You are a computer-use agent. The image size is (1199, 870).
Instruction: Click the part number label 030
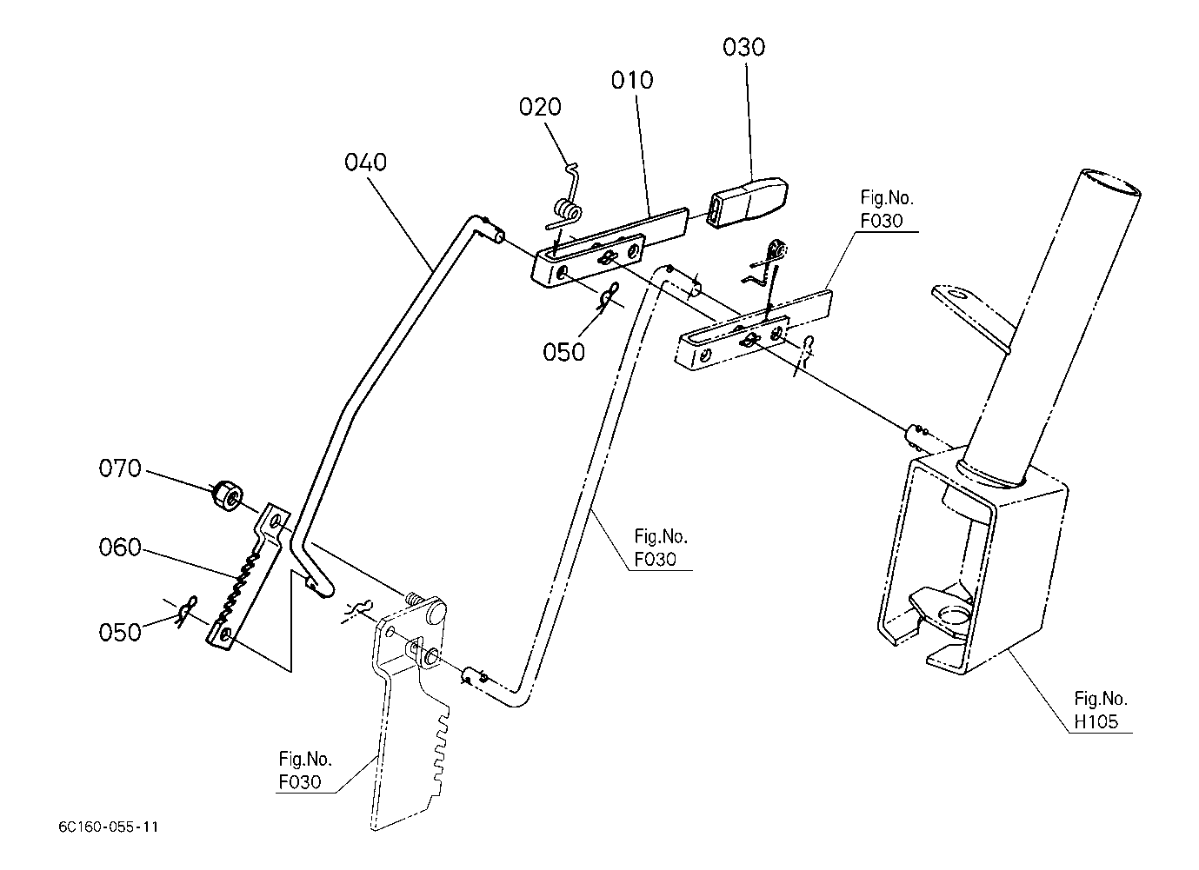(743, 47)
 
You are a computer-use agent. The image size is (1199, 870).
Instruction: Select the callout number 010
(632, 80)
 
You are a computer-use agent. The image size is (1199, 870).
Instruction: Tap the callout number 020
(540, 107)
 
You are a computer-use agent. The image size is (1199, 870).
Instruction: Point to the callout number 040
(365, 163)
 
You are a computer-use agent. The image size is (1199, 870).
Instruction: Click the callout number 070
(120, 468)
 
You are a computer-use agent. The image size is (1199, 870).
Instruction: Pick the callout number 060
(120, 548)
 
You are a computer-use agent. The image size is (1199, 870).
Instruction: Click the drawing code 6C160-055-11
(109, 827)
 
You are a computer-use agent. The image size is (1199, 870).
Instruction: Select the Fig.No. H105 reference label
(1101, 710)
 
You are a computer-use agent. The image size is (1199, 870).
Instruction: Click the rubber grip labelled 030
(748, 203)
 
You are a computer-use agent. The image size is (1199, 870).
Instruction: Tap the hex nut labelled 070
(228, 495)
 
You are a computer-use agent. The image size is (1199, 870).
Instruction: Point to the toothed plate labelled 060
(249, 576)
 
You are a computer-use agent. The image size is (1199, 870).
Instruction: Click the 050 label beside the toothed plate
(120, 633)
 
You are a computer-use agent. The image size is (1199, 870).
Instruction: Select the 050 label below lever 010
(563, 352)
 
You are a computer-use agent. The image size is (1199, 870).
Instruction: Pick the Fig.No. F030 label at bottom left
(305, 770)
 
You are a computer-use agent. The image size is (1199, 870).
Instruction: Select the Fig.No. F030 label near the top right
(887, 209)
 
